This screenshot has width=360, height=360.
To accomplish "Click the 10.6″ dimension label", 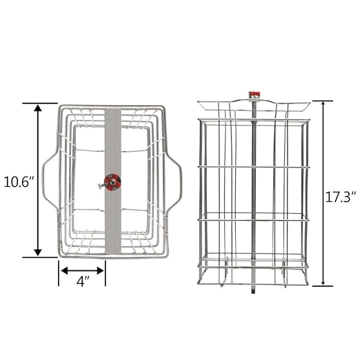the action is pos(19,183).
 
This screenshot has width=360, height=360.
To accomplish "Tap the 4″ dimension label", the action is pos(83,281).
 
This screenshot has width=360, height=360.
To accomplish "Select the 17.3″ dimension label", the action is pos(341,197).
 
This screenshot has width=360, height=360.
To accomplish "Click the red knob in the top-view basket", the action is pos(112,181).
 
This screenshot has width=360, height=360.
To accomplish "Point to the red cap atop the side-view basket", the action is pos(254,94).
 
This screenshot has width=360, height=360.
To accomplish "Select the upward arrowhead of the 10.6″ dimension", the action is pos(38,108).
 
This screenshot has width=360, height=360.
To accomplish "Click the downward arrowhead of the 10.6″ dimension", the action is pos(38,252).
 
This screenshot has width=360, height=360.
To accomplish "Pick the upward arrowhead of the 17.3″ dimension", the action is pos(323,104).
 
